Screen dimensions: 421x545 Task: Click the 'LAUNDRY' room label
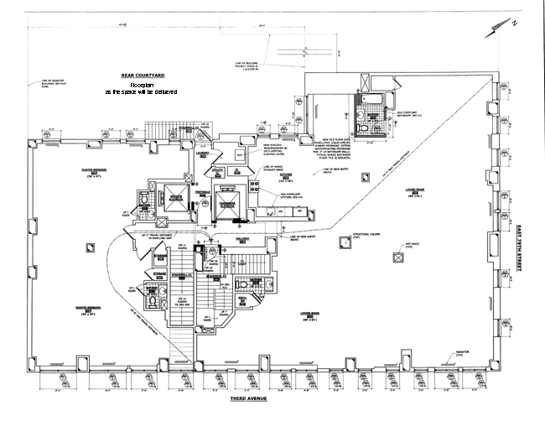coord(202,153)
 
